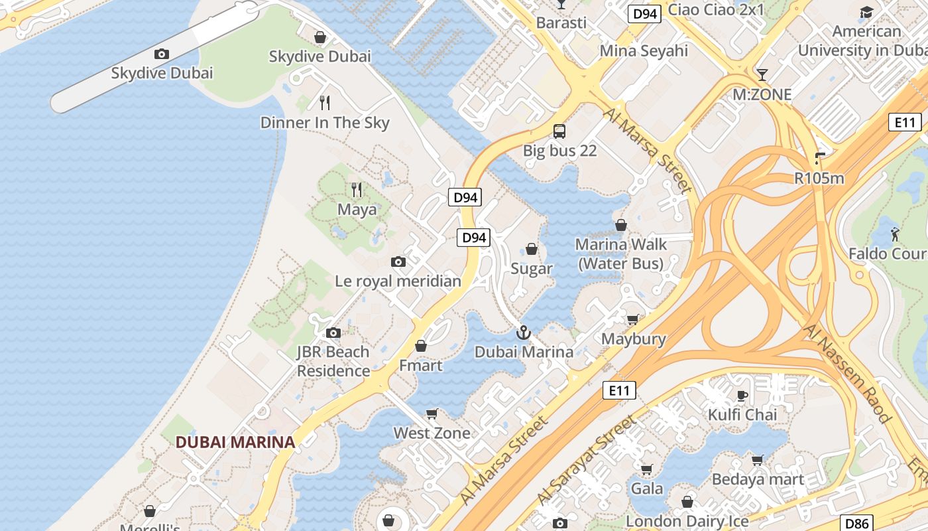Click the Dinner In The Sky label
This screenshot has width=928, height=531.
click(x=325, y=123)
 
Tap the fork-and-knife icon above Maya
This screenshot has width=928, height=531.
click(x=357, y=190)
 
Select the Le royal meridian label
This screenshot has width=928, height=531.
click(x=398, y=281)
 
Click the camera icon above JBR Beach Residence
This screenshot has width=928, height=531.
click(x=333, y=333)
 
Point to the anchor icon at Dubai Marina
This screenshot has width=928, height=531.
click(x=524, y=332)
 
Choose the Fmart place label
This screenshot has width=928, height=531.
click(x=420, y=365)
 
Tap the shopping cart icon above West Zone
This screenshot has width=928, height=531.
click(x=432, y=414)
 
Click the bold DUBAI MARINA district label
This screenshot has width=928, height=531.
click(x=235, y=442)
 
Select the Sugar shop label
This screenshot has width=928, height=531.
click(x=532, y=269)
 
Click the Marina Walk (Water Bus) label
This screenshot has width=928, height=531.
click(x=620, y=254)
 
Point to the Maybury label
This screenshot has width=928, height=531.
click(x=633, y=339)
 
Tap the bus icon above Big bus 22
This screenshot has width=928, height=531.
click(x=559, y=131)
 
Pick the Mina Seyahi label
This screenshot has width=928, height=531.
click(x=644, y=51)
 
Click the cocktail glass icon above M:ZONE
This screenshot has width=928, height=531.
click(x=762, y=74)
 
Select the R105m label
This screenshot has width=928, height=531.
click(x=819, y=178)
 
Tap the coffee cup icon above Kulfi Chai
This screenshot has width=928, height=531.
click(x=742, y=396)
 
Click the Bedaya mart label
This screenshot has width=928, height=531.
click(x=758, y=479)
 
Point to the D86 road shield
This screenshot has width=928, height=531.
click(x=856, y=522)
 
